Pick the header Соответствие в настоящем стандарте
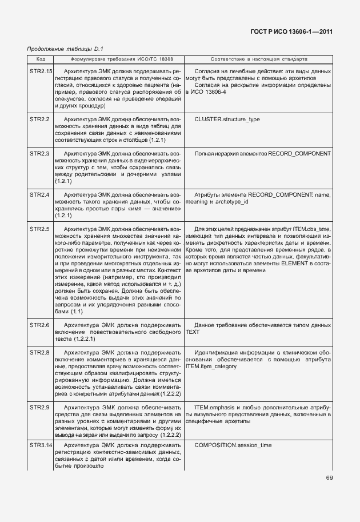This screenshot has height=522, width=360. pyautogui.click(x=258, y=59)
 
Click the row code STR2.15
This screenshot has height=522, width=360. pyautogui.click(x=41, y=71)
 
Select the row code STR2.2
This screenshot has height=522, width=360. pyautogui.click(x=39, y=119)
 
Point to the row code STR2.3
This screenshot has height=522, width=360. pyautogui.click(x=39, y=154)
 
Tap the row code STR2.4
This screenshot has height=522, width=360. pyautogui.click(x=39, y=195)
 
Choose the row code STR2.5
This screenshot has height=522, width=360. pyautogui.click(x=39, y=229)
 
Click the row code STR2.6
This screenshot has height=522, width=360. pyautogui.click(x=39, y=325)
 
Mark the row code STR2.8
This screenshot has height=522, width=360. pyautogui.click(x=39, y=352)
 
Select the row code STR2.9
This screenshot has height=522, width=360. pyautogui.click(x=39, y=407)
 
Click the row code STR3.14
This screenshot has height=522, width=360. pyautogui.click(x=41, y=444)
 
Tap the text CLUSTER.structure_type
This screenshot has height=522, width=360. pyautogui.click(x=227, y=119)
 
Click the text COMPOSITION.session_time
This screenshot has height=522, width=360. pyautogui.click(x=233, y=444)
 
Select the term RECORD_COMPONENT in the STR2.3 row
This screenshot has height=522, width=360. pyautogui.click(x=299, y=154)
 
